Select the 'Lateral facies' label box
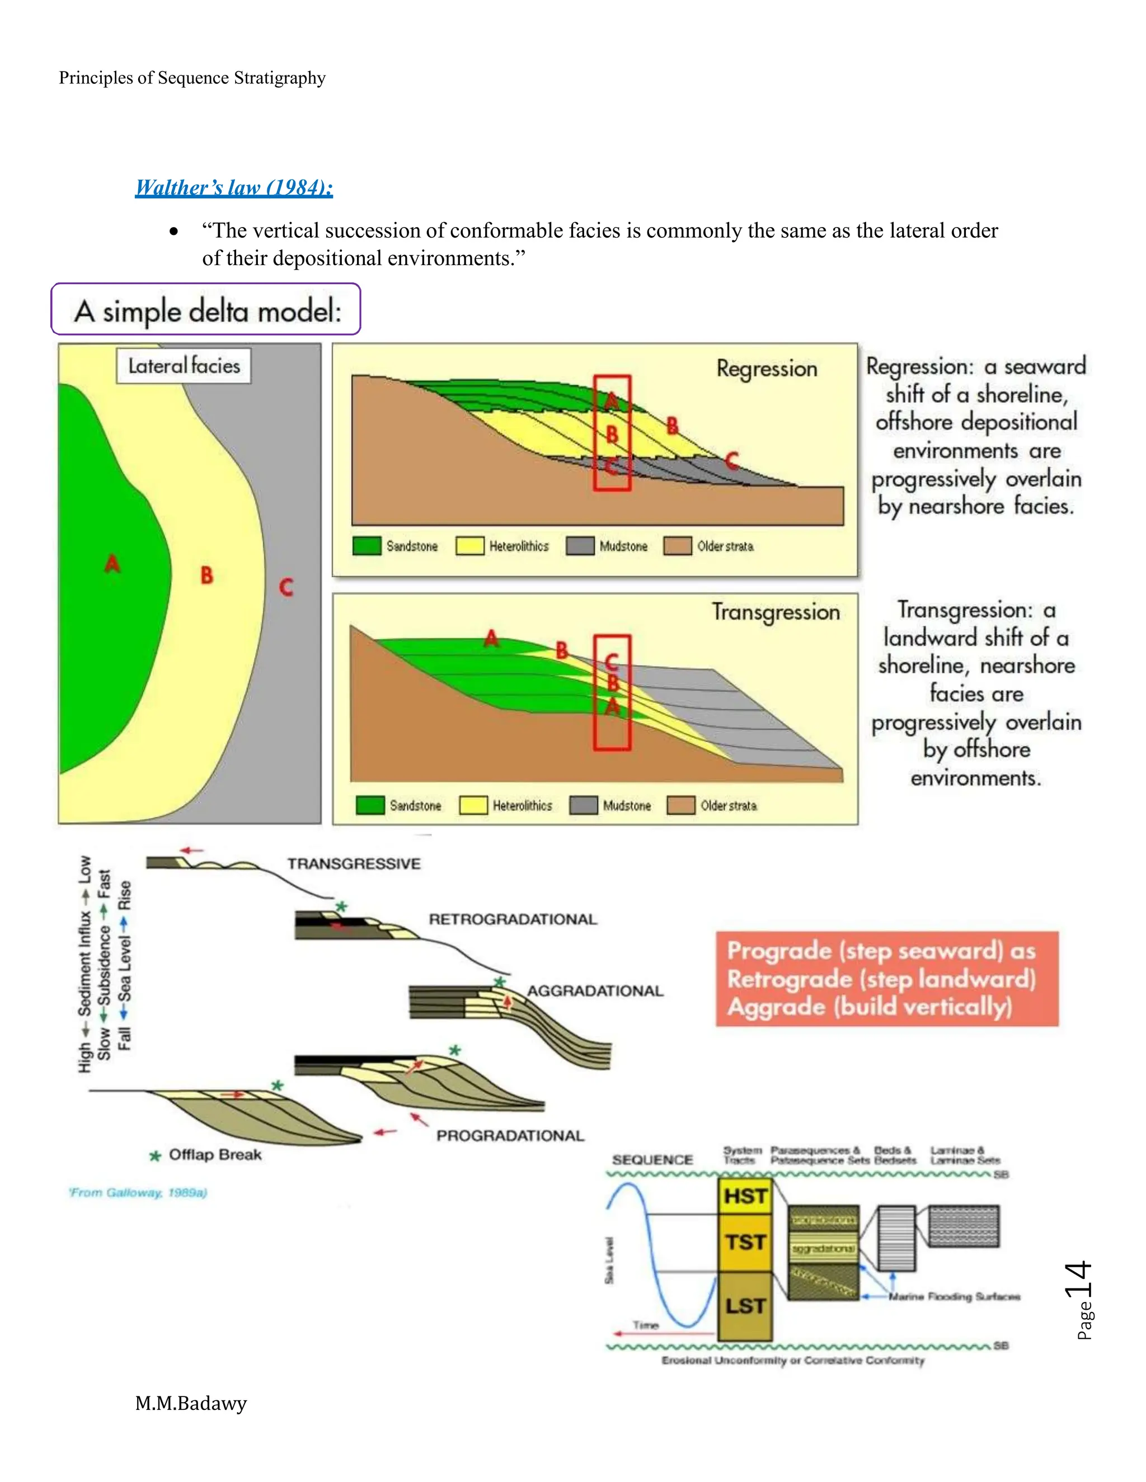184,366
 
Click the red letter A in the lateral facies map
112,564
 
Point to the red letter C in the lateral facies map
286,587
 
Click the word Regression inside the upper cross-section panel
767,369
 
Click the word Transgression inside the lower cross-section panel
776,612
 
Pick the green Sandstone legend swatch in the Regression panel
367,546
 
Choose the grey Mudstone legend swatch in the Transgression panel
583,805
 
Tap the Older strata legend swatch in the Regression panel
677,546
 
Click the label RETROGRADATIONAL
513,919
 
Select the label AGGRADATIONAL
595,991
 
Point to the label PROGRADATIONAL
510,1136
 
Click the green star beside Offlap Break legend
156,1155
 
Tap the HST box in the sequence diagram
745,1196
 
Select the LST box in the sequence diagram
745,1306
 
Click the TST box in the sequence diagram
745,1243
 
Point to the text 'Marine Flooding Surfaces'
954,1297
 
